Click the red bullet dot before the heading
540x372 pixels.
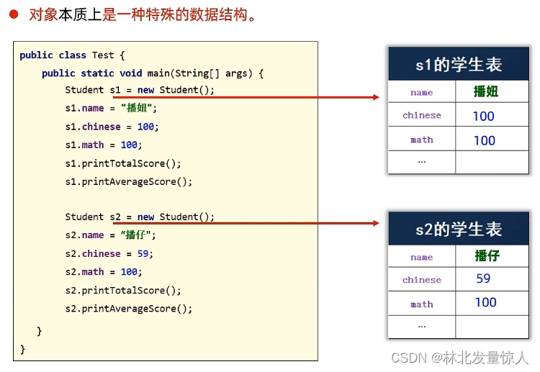[x=13, y=14]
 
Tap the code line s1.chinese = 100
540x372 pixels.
[x=112, y=127]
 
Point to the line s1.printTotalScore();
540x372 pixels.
[x=123, y=163]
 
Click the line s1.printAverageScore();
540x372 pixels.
[x=129, y=181]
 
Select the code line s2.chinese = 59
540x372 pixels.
[x=109, y=253]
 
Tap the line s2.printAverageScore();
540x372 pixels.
[x=129, y=309]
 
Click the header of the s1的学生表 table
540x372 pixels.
[x=458, y=65]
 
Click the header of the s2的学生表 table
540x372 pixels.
[x=458, y=230]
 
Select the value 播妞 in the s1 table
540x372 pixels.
[x=486, y=91]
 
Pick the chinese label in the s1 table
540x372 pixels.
[x=422, y=115]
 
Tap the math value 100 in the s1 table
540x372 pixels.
[x=484, y=140]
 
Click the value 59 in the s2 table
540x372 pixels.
[x=483, y=278]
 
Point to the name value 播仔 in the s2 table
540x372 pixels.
[x=487, y=256]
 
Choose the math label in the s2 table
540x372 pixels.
[x=422, y=304]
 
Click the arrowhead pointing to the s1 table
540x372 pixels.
[x=375, y=97]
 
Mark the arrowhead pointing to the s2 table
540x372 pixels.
[x=375, y=223]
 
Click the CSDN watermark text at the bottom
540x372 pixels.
[x=459, y=358]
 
